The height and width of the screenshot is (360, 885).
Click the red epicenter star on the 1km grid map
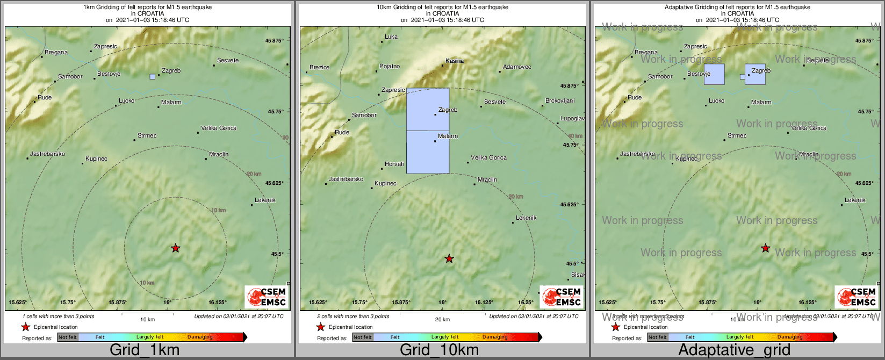click(x=176, y=248)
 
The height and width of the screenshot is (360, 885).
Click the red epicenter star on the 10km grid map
click(x=449, y=259)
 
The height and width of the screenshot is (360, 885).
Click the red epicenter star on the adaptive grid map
click(x=766, y=248)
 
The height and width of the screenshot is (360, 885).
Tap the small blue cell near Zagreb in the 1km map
click(x=153, y=77)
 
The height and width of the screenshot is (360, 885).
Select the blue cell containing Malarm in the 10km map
click(x=428, y=152)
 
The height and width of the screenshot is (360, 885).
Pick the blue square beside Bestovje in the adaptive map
click(x=714, y=75)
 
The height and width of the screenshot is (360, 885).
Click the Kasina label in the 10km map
click(x=455, y=61)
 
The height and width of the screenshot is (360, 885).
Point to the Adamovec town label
click(x=517, y=67)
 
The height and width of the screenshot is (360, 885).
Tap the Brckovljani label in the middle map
click(x=560, y=101)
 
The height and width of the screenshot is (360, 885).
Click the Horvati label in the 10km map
click(x=394, y=164)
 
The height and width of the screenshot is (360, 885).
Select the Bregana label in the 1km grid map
click(x=56, y=53)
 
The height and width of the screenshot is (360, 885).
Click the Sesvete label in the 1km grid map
click(x=228, y=61)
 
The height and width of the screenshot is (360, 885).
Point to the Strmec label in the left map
click(x=147, y=136)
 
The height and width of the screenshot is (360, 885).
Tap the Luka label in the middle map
click(x=391, y=37)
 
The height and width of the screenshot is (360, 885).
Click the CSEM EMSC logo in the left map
click(x=267, y=297)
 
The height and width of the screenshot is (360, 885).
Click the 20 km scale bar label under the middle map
click(x=442, y=320)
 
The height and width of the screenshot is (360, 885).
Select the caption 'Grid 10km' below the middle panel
click(x=439, y=350)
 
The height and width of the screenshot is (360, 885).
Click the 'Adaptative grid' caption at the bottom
click(x=734, y=350)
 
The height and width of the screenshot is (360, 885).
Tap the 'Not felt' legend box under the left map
click(x=68, y=337)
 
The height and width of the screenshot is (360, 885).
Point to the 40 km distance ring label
click(x=575, y=136)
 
